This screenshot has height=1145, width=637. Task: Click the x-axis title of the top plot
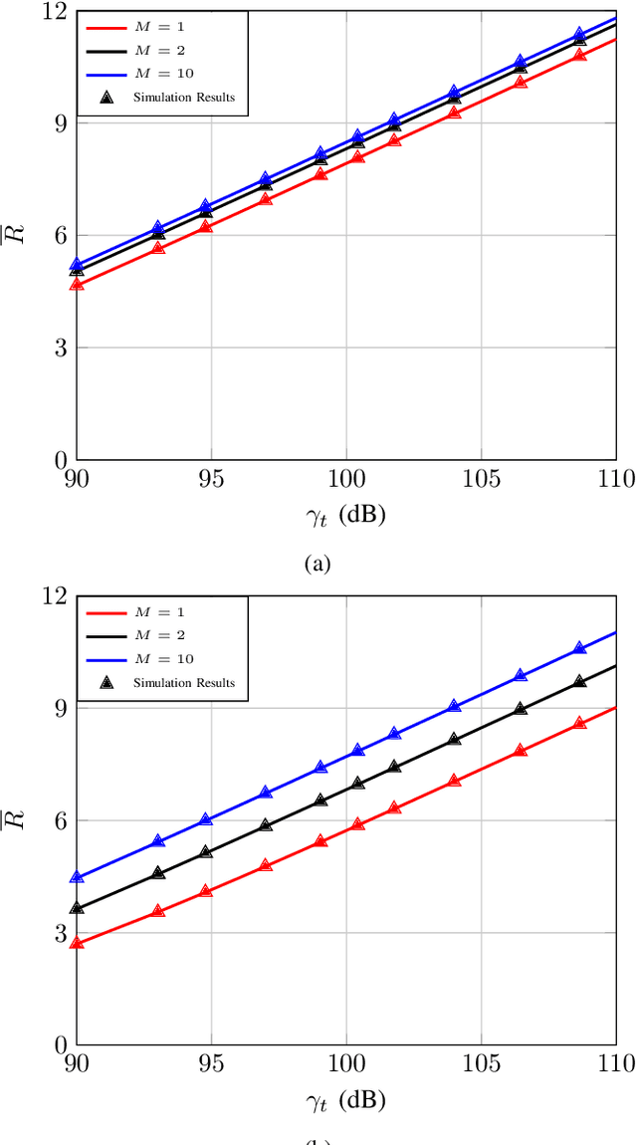click(345, 516)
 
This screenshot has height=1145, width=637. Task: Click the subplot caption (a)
click(317, 564)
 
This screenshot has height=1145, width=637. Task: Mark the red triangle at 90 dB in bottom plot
click(77, 942)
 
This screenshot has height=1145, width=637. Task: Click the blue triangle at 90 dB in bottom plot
click(77, 877)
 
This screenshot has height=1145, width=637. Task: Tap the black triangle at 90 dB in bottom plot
click(77, 908)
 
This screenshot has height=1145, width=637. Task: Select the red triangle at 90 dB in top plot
click(77, 285)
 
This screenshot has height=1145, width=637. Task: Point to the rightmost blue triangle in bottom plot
click(580, 648)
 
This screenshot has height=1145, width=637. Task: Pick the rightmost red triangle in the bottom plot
click(580, 723)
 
